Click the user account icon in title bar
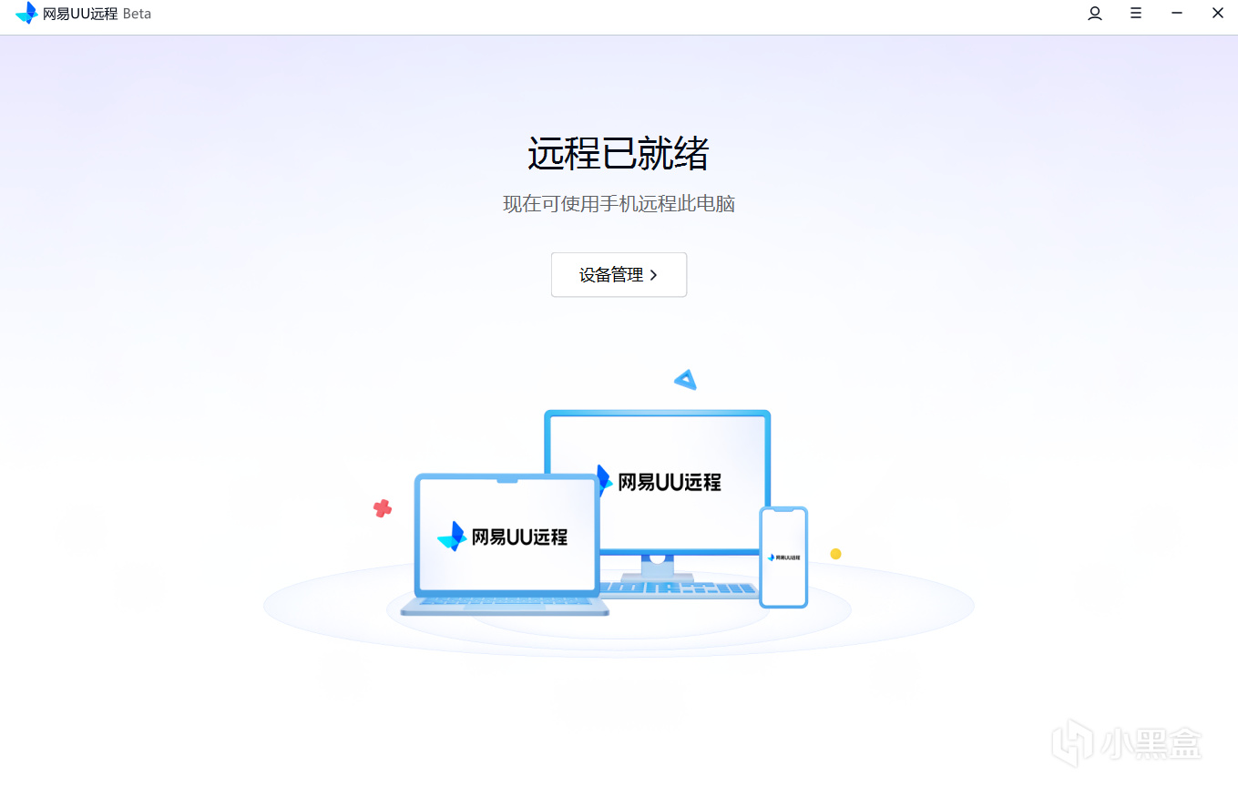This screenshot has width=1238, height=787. (x=1094, y=14)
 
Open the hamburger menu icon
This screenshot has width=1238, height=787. (x=1136, y=13)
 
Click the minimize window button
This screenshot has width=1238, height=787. (x=1177, y=13)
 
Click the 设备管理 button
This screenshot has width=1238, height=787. (x=619, y=275)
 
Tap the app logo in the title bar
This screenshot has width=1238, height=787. (x=26, y=14)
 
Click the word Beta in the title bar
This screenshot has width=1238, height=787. (x=137, y=14)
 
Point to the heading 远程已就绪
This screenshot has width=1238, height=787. (x=619, y=153)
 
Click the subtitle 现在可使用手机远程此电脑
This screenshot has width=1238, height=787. (x=619, y=204)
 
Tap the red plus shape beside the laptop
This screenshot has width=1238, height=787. (x=383, y=508)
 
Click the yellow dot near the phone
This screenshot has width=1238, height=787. (x=835, y=554)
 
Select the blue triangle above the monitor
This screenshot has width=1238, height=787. (x=686, y=380)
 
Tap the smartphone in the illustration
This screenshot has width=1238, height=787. (x=783, y=557)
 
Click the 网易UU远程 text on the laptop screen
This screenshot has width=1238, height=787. (x=519, y=537)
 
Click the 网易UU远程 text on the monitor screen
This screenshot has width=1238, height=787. (x=670, y=482)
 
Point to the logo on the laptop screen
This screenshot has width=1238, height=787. (x=452, y=537)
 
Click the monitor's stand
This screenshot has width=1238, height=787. (x=657, y=567)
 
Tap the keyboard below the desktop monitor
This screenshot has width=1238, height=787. (x=679, y=589)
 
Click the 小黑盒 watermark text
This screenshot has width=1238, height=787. (x=1151, y=742)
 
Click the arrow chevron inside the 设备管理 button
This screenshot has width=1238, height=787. (x=654, y=275)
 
